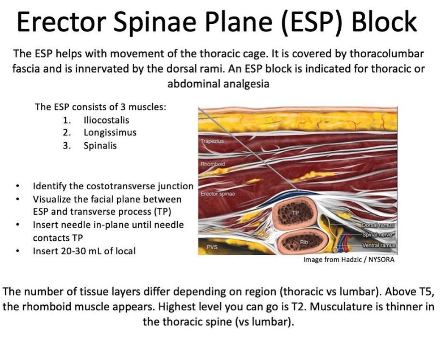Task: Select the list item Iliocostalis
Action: tap(106, 120)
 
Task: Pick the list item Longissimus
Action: tap(110, 132)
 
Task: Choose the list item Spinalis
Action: tap(100, 145)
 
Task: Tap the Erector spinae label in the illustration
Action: tap(218, 194)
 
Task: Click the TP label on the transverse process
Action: tap(295, 212)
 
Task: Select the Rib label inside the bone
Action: tap(303, 242)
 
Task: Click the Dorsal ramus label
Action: tap(378, 225)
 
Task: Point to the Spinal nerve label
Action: tap(379, 235)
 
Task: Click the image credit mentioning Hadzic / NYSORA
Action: tap(348, 259)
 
